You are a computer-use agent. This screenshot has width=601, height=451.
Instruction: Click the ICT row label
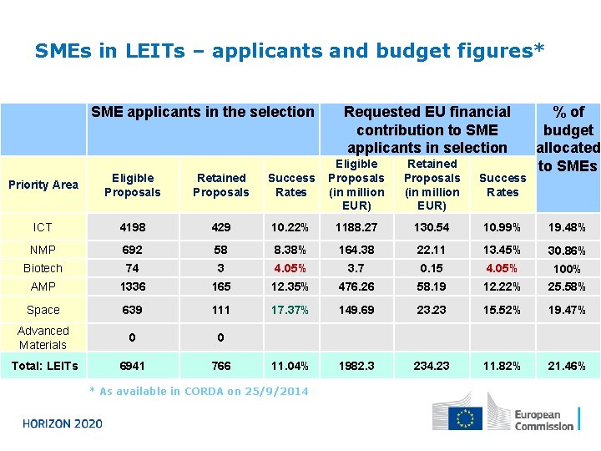click(x=43, y=227)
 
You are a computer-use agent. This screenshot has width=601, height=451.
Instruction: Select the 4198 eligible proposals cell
click(x=132, y=227)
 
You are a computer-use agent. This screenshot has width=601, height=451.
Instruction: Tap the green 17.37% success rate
click(x=290, y=310)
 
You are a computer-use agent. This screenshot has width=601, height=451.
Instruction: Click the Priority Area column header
click(x=43, y=185)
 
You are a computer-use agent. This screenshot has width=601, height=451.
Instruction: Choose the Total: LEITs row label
click(x=44, y=366)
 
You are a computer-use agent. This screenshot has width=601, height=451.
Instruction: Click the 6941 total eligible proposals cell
click(x=132, y=366)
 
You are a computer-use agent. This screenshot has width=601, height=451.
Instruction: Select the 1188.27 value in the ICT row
click(x=356, y=227)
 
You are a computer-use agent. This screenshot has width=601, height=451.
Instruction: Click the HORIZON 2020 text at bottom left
click(x=63, y=423)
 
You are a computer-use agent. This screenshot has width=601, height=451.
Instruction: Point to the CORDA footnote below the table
click(x=199, y=391)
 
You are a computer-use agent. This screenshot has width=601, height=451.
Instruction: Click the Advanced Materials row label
click(x=43, y=337)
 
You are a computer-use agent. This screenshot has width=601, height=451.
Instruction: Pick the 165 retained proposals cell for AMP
click(x=220, y=286)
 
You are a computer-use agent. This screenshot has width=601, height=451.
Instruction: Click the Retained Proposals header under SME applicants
click(x=220, y=185)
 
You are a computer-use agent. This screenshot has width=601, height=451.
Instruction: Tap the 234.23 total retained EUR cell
click(x=432, y=366)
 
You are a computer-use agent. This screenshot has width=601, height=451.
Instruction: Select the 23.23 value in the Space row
click(x=432, y=310)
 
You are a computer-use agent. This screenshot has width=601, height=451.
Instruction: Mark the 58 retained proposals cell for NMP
click(x=220, y=249)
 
